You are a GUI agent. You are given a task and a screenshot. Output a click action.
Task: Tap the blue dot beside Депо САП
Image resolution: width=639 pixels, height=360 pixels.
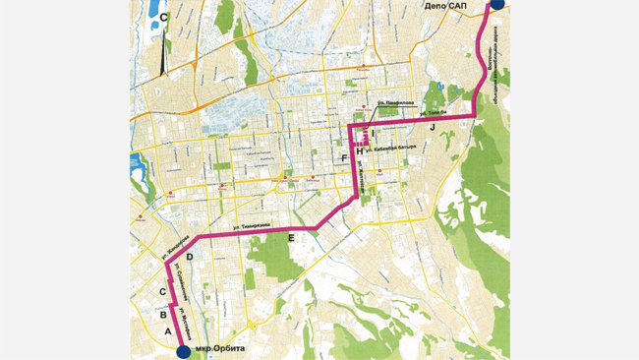(x=497, y=4)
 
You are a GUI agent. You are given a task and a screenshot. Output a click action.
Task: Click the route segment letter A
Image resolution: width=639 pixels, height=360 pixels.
(x=168, y=333)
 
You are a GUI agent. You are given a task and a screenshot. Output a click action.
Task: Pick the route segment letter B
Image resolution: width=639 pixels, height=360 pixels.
(x=162, y=316)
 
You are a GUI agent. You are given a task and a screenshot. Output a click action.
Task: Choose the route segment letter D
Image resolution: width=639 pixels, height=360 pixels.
(x=190, y=257)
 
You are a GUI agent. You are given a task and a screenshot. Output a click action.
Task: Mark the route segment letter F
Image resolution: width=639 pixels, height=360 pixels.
(x=344, y=158)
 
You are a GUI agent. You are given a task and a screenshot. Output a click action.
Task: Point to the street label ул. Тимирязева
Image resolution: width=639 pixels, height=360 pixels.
(x=250, y=227)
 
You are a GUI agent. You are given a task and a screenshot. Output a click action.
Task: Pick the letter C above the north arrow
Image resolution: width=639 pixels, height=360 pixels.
(x=164, y=17)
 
